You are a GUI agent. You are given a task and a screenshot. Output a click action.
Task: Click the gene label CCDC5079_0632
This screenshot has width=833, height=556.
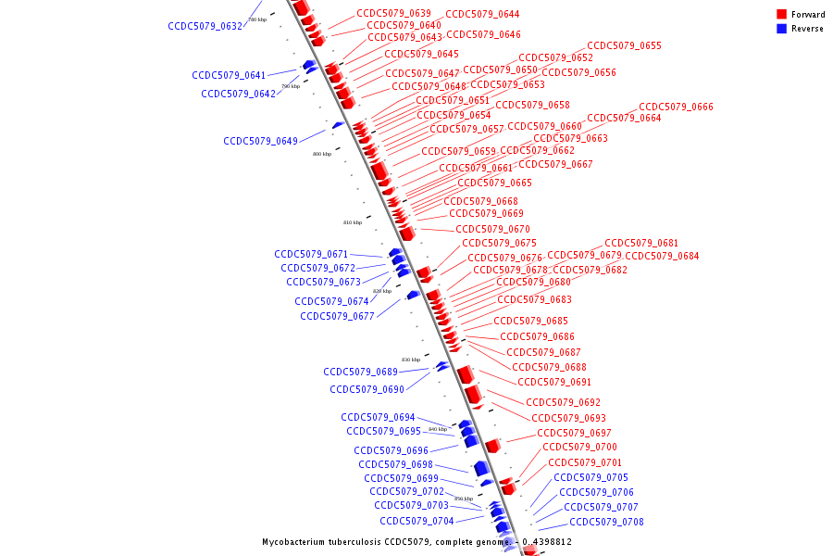pyautogui.click(x=205, y=26)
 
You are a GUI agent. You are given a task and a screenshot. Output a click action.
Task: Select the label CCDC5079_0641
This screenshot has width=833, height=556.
pyautogui.click(x=229, y=75)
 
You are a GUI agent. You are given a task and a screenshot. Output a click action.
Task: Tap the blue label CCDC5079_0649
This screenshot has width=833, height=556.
pyautogui.click(x=260, y=141)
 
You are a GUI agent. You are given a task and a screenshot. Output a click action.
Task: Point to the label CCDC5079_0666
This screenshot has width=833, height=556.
pyautogui.click(x=676, y=107)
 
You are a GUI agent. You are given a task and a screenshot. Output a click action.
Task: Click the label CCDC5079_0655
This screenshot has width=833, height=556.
pyautogui.click(x=624, y=45)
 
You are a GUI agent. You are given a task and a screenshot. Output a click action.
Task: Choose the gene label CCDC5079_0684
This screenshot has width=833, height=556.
pyautogui.click(x=662, y=256)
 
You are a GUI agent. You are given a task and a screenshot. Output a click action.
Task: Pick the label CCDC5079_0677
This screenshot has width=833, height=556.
pyautogui.click(x=337, y=316)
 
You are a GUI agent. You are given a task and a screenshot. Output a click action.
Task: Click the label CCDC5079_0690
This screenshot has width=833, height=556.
pyautogui.click(x=367, y=389)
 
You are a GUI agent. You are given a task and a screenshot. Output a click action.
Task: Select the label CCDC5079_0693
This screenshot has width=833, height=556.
pyautogui.click(x=568, y=418)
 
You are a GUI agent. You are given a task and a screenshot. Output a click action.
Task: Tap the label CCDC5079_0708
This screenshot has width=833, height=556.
pyautogui.click(x=606, y=522)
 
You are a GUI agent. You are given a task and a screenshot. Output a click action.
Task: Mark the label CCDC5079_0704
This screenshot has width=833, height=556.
pyautogui.click(x=416, y=521)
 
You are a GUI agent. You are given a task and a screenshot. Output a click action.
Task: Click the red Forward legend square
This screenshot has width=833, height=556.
pyautogui.click(x=782, y=15)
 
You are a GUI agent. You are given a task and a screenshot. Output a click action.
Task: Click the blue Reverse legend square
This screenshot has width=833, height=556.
pyautogui.click(x=782, y=29)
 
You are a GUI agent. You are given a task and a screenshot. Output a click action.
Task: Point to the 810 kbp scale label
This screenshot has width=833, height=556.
pyautogui.click(x=353, y=222)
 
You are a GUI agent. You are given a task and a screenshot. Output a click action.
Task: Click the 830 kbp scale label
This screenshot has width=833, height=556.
pyautogui.click(x=410, y=360)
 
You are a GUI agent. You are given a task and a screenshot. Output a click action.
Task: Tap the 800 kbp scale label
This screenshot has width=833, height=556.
pyautogui.click(x=321, y=154)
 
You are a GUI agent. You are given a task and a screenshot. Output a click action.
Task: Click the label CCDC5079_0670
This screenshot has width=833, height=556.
pyautogui.click(x=492, y=229)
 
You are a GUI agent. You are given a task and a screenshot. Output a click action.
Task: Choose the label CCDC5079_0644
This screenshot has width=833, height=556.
pyautogui.click(x=482, y=14)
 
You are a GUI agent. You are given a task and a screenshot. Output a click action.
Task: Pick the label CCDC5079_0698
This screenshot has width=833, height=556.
pyautogui.click(x=395, y=464)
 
